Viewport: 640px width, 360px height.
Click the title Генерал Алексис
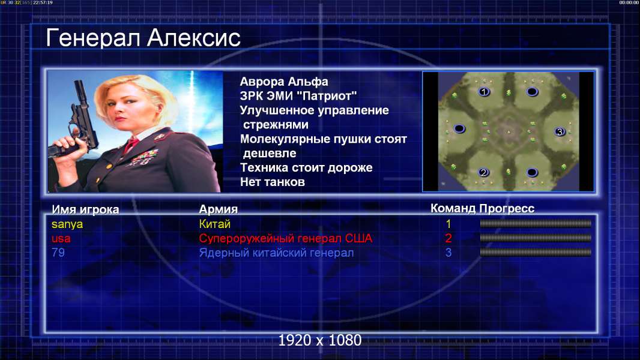tap(143, 38)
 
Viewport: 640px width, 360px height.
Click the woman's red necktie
tap(131, 145)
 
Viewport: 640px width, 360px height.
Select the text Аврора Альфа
tap(283, 82)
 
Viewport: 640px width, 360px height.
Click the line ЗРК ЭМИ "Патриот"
tap(298, 96)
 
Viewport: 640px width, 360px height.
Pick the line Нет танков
tap(272, 182)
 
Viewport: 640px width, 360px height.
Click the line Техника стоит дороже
tap(306, 167)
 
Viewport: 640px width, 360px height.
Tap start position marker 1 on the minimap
tap(484, 92)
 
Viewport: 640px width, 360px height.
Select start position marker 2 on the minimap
tap(484, 172)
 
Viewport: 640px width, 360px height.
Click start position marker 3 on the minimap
tap(560, 131)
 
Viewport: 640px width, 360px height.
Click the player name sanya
tap(67, 224)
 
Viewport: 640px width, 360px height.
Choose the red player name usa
tap(61, 239)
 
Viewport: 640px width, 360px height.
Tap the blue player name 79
tap(58, 253)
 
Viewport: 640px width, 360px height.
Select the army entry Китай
tap(215, 224)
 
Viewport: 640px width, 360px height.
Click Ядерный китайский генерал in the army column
tap(276, 253)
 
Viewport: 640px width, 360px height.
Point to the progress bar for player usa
tap(536, 238)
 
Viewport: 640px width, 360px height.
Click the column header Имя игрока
tap(85, 209)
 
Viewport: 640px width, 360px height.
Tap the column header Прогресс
tap(507, 209)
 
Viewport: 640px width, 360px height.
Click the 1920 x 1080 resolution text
tap(319, 340)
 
